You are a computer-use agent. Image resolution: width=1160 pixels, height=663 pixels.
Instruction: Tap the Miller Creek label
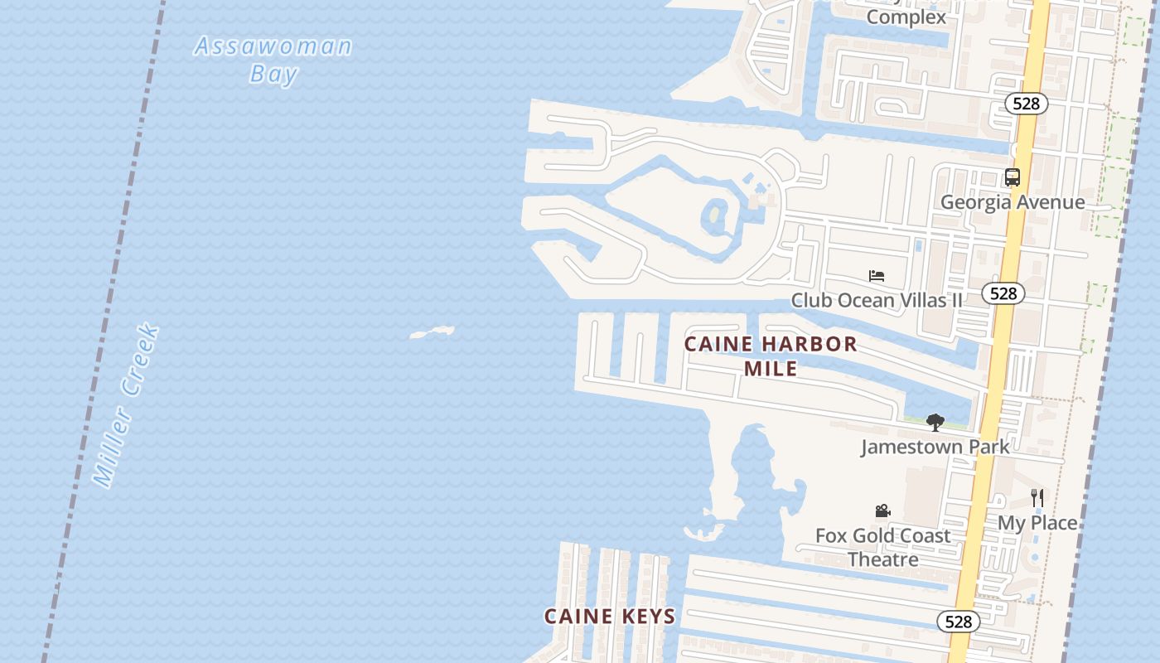coord(126,404)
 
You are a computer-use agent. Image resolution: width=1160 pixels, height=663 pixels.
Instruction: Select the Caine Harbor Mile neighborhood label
coord(771,356)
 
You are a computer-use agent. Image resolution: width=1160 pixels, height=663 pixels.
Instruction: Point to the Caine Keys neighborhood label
coord(610,616)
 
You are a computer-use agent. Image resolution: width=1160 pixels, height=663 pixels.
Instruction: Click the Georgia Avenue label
coord(1012,202)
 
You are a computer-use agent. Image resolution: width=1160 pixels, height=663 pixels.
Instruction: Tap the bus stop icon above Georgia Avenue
coord(1012,177)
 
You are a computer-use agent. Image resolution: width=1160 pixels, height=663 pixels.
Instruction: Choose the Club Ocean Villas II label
coord(877,300)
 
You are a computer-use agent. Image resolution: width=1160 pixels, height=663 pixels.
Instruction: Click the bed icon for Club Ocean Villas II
coord(877,275)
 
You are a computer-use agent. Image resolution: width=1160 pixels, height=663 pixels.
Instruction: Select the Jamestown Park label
coord(935,447)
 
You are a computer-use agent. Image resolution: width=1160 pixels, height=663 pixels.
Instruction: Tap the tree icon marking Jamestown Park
coord(935,423)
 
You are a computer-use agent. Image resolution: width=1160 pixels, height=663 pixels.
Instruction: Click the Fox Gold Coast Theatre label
coord(883,547)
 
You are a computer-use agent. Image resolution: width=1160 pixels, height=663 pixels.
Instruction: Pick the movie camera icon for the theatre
coord(883,511)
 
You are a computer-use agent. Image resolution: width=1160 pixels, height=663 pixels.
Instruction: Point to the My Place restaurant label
coord(1037,523)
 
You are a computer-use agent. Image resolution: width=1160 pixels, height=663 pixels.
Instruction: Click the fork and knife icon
coord(1037,497)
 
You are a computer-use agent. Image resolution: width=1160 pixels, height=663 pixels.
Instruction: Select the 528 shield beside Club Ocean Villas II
coord(1003,293)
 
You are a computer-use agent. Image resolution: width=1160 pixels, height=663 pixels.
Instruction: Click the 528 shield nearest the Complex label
coord(1026,104)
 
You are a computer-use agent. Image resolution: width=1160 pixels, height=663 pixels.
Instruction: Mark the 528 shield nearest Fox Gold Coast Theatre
coord(958,622)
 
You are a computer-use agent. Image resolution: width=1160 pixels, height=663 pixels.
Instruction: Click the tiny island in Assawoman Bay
coord(432,332)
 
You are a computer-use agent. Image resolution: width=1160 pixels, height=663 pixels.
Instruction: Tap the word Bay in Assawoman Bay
coord(273,74)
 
